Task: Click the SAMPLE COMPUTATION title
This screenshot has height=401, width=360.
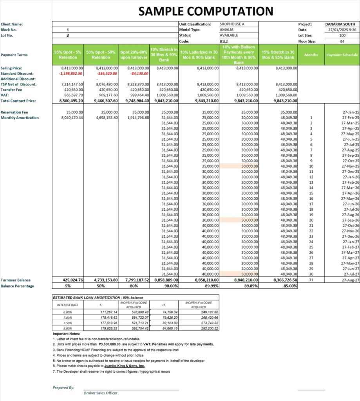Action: tap(206, 11)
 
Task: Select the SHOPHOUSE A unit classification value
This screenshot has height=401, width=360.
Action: tap(232, 24)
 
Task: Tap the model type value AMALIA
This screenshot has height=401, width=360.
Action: tap(227, 30)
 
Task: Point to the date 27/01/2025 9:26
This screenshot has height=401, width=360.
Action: tap(342, 30)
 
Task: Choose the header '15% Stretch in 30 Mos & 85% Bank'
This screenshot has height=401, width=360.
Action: tap(278, 55)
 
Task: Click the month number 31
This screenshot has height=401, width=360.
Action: tap(311, 280)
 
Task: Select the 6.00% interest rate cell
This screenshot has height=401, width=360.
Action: tap(68, 312)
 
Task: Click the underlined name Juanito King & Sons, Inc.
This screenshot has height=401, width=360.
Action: tap(127, 366)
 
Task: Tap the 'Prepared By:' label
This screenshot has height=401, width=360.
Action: tap(63, 388)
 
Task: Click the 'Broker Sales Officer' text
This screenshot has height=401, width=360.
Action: tap(101, 393)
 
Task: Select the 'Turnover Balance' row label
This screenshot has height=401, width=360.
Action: tap(15, 280)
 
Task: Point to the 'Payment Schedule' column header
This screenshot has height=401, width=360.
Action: tap(342, 55)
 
